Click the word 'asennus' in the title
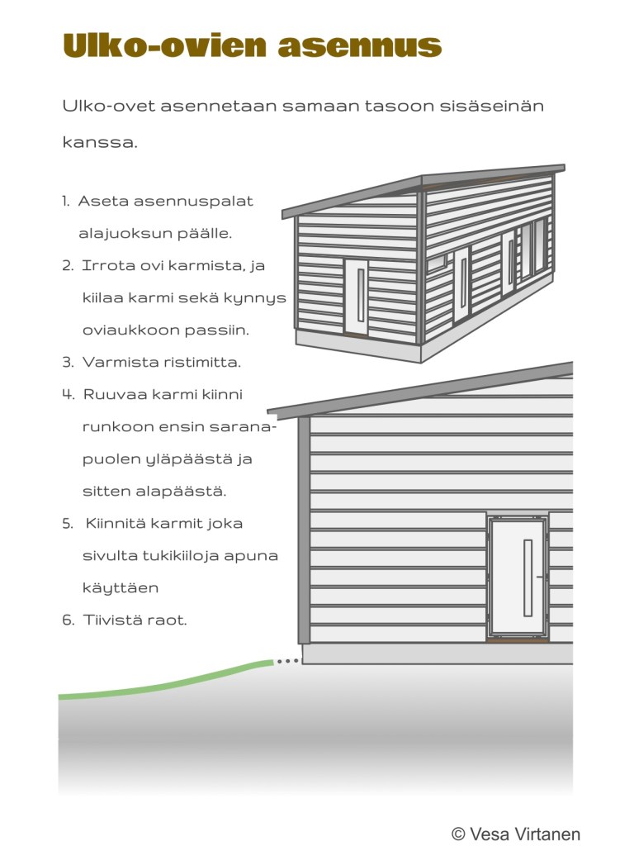click(x=359, y=46)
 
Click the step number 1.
click(x=65, y=202)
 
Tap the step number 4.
click(x=68, y=395)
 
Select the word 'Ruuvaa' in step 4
click(x=111, y=395)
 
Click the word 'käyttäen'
click(x=121, y=588)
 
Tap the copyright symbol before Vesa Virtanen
click(x=458, y=834)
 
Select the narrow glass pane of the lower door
click(x=528, y=577)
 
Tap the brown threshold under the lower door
click(x=518, y=639)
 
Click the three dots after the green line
click(x=287, y=662)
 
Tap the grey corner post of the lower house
click(x=304, y=529)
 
